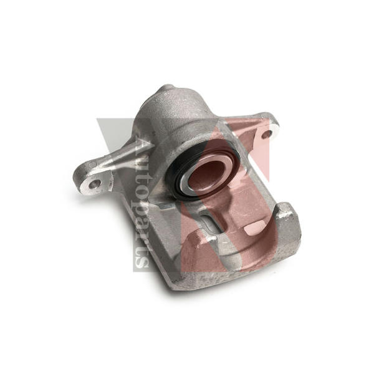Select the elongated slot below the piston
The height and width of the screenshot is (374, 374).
(213, 221)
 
